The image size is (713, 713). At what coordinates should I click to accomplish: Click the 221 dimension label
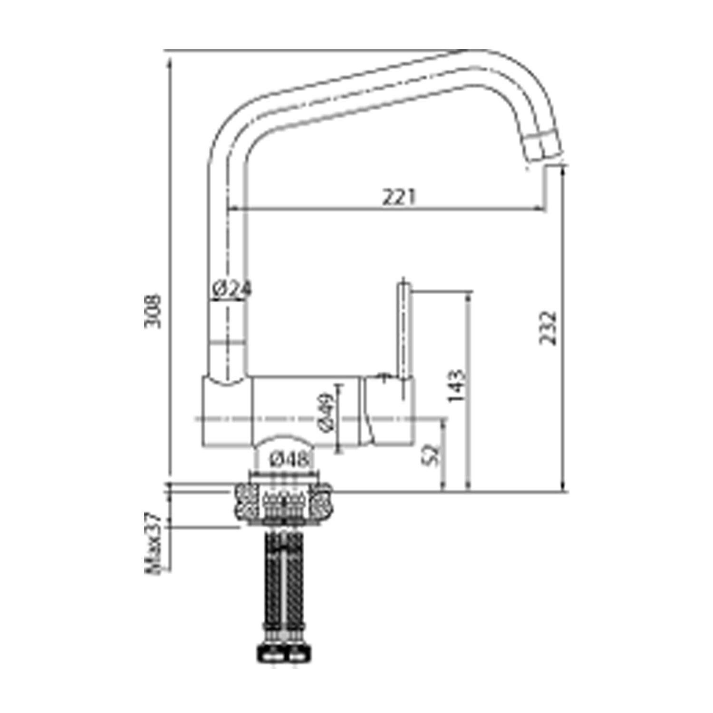(x=399, y=197)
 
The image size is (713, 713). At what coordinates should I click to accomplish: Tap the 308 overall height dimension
(x=153, y=311)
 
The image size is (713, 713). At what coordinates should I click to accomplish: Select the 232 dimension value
(x=548, y=328)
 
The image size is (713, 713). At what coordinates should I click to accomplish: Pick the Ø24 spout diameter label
(x=231, y=289)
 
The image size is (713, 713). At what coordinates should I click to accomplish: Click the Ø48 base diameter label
(x=289, y=460)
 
